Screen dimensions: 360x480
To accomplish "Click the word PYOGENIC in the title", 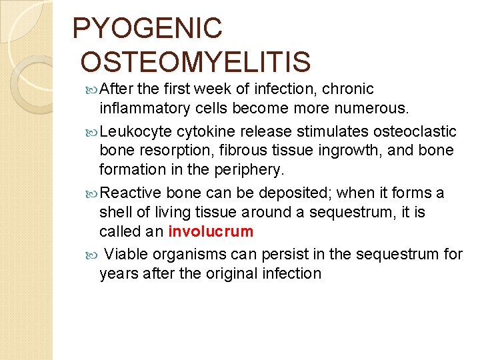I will (147, 29).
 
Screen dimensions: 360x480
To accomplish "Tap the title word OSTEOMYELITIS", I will (195, 62).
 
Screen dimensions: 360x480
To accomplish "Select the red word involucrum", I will (211, 232).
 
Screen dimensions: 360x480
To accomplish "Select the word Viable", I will (127, 254).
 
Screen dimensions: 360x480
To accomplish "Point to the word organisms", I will (192, 254).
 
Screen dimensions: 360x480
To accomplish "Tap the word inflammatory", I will (143, 108).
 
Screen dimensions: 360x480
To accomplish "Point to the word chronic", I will (351, 89).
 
